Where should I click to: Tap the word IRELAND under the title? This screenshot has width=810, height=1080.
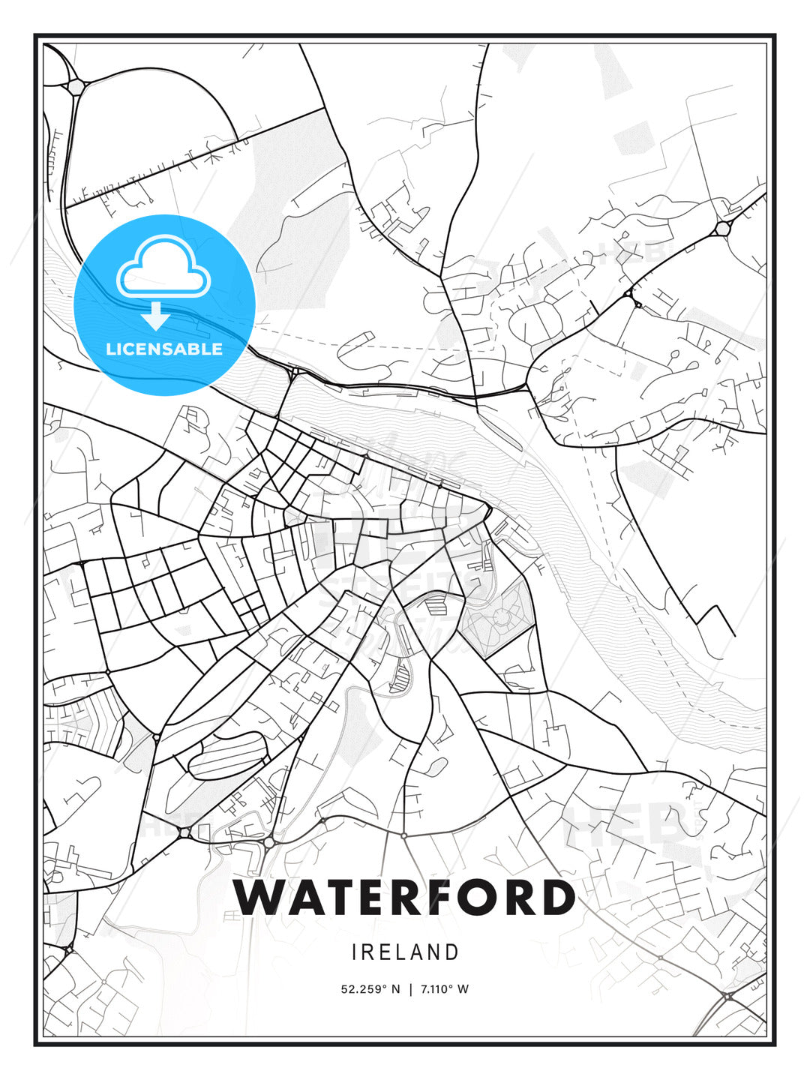[405, 952]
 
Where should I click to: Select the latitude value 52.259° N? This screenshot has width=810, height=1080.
[370, 989]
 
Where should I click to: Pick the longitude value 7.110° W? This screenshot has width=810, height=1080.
[444, 989]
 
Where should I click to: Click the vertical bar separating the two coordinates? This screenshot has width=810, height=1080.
[410, 989]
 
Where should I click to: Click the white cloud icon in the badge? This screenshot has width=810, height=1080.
[161, 268]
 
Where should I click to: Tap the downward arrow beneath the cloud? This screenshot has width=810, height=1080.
[156, 316]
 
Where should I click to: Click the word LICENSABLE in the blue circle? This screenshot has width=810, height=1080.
[164, 349]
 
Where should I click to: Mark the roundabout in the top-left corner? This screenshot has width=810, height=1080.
[76, 87]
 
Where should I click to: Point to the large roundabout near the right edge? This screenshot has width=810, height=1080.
[723, 228]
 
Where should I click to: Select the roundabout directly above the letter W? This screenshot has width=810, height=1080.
[268, 843]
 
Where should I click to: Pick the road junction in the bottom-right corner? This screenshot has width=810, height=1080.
[728, 996]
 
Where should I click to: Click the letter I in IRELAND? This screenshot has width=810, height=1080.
[355, 952]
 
